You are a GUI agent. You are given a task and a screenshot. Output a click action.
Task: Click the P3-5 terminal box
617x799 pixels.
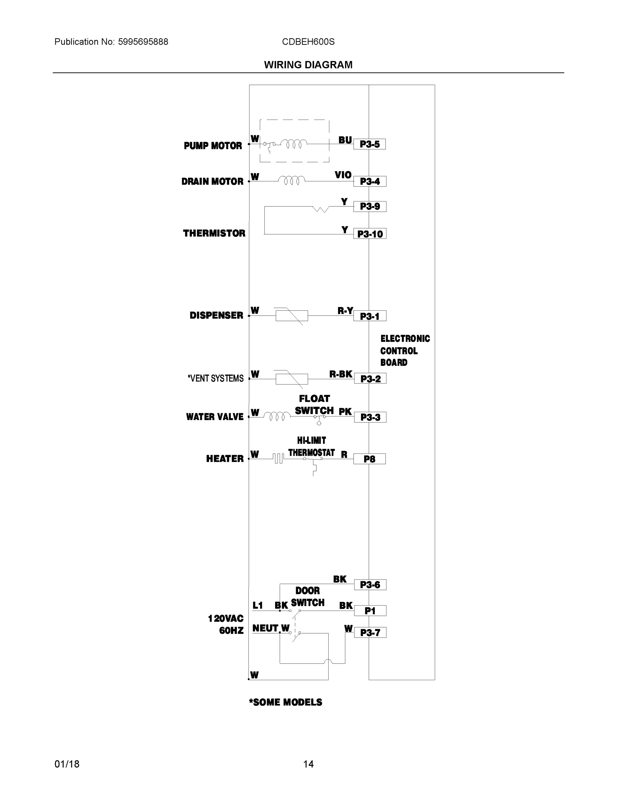[x=369, y=144]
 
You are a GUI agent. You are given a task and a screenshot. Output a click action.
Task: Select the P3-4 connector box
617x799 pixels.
[x=370, y=181]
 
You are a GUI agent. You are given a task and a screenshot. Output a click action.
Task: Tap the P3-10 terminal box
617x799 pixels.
[x=370, y=234]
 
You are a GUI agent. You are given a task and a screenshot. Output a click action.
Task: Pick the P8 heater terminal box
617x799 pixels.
[x=369, y=459]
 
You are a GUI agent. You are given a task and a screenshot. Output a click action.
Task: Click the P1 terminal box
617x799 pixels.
[x=370, y=611]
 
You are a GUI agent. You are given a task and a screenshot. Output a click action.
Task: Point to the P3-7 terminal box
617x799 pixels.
[x=370, y=633]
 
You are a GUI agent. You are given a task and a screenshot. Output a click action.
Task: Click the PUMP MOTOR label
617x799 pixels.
[x=213, y=145]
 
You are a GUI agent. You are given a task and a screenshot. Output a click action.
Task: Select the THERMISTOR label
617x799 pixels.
[x=214, y=233]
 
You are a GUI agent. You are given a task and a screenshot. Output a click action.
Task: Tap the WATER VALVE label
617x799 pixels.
[x=215, y=417]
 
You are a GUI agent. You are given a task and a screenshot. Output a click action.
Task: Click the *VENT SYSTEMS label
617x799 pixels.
[x=215, y=378]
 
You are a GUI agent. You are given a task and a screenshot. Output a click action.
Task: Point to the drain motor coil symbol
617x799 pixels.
[x=291, y=180]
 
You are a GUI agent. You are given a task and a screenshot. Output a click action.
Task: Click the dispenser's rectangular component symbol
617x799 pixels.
[x=291, y=315]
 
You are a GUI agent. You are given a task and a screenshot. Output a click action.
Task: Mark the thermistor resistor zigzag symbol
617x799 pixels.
[x=321, y=209]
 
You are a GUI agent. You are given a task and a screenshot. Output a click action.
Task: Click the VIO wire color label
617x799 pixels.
[x=343, y=175]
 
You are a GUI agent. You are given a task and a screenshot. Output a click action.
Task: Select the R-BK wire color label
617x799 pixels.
[x=341, y=374]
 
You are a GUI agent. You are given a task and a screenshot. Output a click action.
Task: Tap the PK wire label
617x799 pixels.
[x=345, y=412]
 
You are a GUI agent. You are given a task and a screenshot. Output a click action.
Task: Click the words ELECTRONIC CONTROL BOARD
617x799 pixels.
[x=405, y=351]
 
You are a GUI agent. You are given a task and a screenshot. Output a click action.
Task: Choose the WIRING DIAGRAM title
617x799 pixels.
[x=308, y=65]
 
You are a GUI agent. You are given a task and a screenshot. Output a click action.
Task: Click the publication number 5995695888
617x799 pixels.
[x=143, y=42]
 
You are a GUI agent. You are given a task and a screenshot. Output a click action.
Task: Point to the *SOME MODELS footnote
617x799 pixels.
[x=285, y=702]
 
